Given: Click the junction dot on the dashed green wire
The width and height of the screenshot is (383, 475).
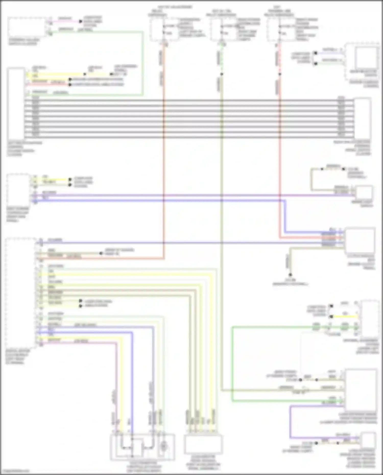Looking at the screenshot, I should (222, 74).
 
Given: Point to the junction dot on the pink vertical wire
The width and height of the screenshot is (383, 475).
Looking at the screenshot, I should (280, 74).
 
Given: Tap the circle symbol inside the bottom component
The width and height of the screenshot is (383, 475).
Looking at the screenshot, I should (164, 446).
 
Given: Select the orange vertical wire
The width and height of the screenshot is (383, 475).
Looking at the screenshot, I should (163, 153).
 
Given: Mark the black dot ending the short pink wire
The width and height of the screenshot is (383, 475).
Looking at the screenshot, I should (81, 21).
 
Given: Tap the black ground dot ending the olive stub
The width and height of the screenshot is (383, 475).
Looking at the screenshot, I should (290, 275).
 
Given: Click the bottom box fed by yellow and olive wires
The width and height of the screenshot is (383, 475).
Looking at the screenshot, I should (203, 444).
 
